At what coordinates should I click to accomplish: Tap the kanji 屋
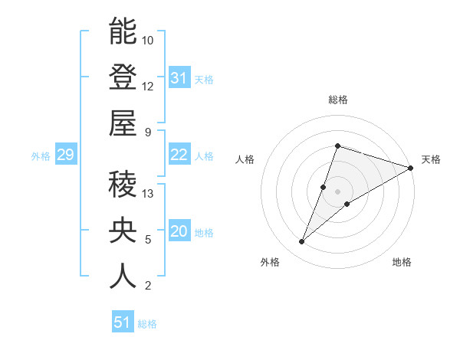tap(123, 123)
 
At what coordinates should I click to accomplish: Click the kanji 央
tap(123, 231)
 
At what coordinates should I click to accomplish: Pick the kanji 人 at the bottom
tap(123, 277)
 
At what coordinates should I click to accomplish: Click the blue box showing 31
tap(179, 78)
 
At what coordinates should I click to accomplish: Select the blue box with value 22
tap(179, 155)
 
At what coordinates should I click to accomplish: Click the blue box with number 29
tap(65, 155)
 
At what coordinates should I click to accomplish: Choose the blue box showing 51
tap(122, 322)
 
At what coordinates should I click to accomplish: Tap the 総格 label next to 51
tap(147, 324)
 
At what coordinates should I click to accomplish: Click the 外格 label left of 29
tap(41, 156)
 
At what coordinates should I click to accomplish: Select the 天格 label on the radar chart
tap(431, 159)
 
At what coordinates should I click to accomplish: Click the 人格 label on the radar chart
tap(245, 159)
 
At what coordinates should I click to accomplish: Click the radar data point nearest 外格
tap(302, 242)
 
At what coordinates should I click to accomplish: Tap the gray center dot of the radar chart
tap(337, 191)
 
